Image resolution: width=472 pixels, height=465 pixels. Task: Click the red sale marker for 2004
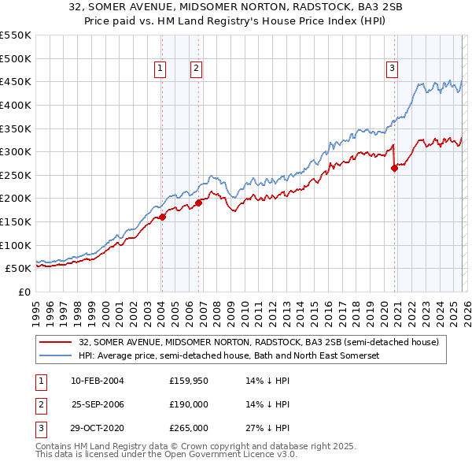coord(162,217)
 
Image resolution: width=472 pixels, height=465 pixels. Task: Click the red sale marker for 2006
coord(199,203)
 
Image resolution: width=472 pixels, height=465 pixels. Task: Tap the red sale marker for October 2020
coord(394,168)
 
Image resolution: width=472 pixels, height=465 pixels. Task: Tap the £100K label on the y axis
coord(16,245)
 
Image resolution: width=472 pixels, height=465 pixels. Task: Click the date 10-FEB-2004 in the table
coord(97,381)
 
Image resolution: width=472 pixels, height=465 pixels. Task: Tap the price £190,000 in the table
coord(189,404)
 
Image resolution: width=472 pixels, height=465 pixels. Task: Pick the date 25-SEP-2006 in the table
coord(98,404)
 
